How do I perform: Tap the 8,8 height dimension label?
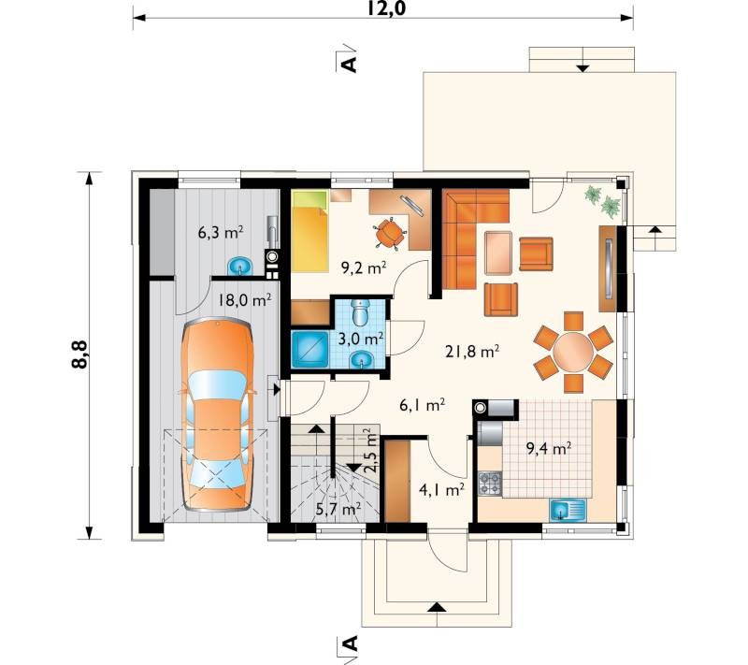point(79,354)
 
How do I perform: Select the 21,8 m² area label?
point(472,352)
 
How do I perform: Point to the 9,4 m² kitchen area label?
point(549,448)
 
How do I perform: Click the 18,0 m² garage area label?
point(245,300)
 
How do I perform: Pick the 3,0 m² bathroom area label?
point(361,340)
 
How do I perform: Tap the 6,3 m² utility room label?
point(221,232)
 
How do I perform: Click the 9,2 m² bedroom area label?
point(364,267)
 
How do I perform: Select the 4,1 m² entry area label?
point(441,489)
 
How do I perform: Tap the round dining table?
point(573,352)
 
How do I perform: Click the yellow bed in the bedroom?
point(309,231)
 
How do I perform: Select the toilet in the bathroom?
point(360,311)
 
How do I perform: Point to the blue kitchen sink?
point(568,510)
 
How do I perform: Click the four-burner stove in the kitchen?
point(490,483)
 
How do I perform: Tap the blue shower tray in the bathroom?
point(309,349)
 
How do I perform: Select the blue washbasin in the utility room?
point(241,266)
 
